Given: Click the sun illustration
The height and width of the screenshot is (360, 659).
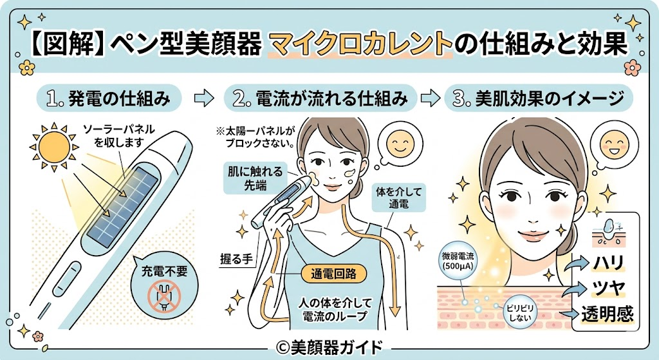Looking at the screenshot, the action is (54, 147).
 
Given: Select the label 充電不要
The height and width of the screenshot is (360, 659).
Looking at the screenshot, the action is (164, 271).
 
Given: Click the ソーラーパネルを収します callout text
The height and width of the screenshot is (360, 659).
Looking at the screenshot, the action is (119, 136).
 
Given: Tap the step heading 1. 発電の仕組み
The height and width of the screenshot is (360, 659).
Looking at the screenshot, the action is (109, 99).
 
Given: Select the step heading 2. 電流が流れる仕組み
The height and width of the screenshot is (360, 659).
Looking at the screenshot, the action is (320, 99).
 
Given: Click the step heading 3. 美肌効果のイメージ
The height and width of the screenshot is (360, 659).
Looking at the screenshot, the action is (540, 99).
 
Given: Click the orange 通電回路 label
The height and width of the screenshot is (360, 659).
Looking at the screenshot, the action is (334, 274).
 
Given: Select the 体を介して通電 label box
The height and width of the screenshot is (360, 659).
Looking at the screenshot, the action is (398, 198).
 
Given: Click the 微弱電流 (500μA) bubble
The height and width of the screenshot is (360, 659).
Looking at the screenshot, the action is (458, 261).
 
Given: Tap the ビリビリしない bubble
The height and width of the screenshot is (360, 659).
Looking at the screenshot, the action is (520, 313).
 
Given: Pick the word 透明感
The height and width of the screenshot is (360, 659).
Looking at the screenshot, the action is (607, 314).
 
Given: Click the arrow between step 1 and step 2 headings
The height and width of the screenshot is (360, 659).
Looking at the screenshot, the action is (204, 99).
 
